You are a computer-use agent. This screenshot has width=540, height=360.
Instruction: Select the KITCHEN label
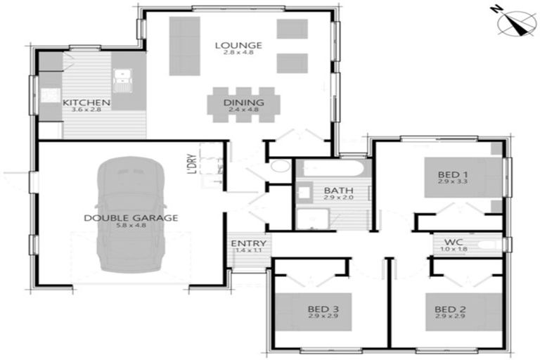pyautogui.click(x=86, y=103)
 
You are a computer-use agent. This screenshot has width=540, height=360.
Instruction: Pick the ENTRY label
pyautogui.click(x=247, y=243)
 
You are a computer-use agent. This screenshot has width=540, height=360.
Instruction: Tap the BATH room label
pyautogui.click(x=333, y=191)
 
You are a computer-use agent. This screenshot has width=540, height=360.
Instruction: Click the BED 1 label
pyautogui.click(x=453, y=174)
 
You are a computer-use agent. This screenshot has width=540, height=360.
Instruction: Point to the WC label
pyautogui.click(x=452, y=240)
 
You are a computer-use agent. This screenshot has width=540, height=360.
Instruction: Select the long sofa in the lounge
pyautogui.click(x=184, y=46)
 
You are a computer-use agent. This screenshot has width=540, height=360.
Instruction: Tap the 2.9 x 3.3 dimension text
pyautogui.click(x=453, y=182)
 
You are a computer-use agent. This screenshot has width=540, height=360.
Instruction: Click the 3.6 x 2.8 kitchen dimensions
pyautogui.click(x=86, y=110)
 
